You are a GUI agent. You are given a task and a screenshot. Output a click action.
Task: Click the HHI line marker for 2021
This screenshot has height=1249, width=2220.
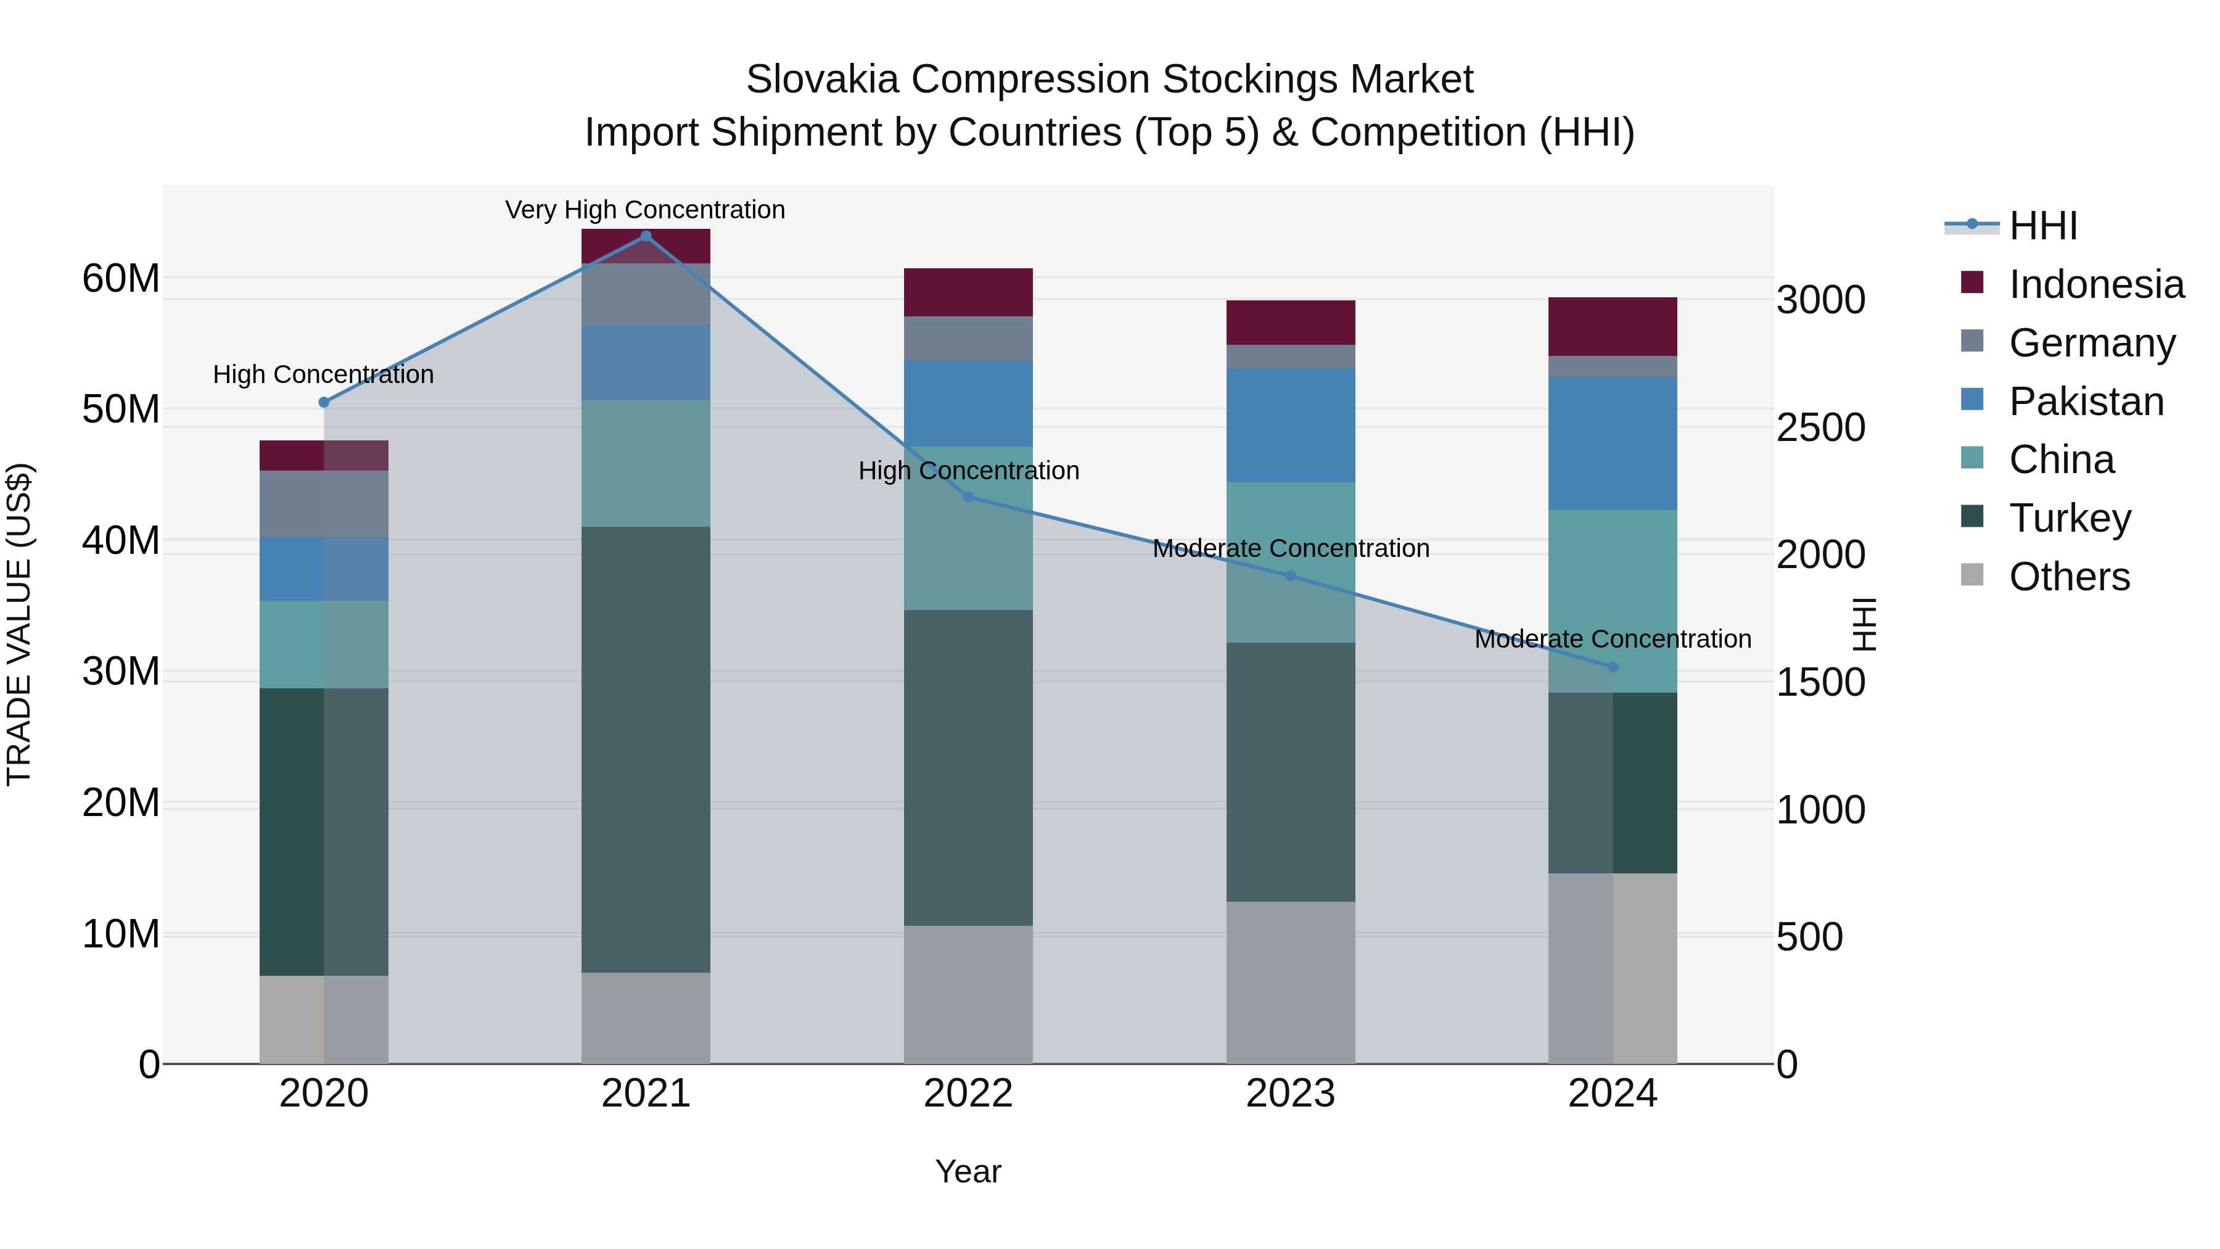[646, 236]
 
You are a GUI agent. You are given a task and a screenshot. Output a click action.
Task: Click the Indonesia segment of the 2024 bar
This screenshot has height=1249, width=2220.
[1613, 327]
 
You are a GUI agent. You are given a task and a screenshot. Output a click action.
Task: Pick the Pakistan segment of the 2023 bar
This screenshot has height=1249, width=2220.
[1290, 425]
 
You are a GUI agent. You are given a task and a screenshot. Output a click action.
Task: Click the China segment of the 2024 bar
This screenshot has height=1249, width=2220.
[1613, 601]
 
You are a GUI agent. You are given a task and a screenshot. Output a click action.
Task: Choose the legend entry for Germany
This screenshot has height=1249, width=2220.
[2092, 343]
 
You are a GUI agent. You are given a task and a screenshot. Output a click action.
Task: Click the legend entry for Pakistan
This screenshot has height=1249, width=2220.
[2086, 402]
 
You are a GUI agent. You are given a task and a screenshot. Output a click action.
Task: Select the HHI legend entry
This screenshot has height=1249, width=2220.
[2042, 226]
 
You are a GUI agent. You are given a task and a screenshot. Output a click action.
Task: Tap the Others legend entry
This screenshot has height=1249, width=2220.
[2068, 577]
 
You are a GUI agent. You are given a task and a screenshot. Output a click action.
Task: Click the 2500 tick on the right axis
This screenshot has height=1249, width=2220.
[1820, 427]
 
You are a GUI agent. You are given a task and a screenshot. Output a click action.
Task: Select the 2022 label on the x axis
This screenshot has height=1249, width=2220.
[968, 1094]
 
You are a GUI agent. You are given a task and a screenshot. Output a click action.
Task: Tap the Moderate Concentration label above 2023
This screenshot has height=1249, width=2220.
[1290, 548]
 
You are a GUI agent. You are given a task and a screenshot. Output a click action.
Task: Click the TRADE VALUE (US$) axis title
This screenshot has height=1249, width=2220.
[19, 624]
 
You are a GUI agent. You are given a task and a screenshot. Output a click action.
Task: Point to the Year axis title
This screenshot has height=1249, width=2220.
[968, 1171]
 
